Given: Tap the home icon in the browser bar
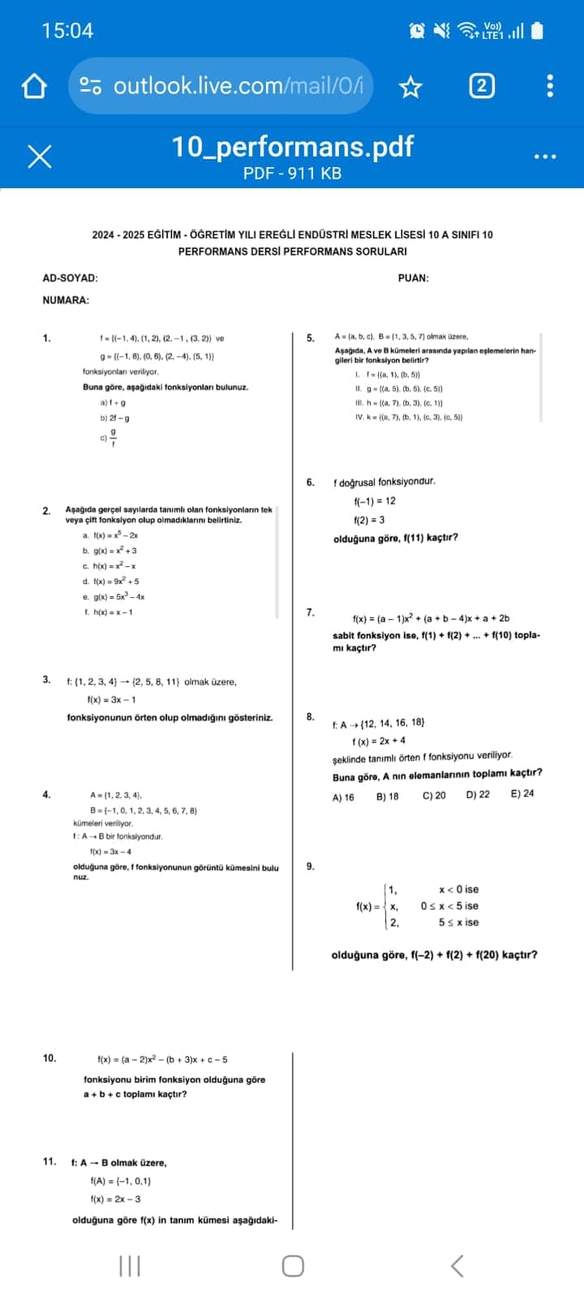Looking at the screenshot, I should (x=34, y=86).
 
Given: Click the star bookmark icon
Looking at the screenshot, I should (x=411, y=87).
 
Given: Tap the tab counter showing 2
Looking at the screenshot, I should (x=481, y=86).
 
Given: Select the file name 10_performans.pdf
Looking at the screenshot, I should (x=292, y=147).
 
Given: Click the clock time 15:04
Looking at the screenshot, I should (x=67, y=31).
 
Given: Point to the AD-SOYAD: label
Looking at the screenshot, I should (x=70, y=278).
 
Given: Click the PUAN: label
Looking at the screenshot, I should (x=414, y=278).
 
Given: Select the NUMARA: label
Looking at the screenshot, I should (x=66, y=300).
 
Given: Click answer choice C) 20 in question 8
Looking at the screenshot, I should (x=434, y=796).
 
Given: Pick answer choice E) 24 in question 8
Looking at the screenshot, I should (x=522, y=794).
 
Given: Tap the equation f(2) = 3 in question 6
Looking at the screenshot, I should (x=369, y=520).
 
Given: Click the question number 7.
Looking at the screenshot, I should (x=311, y=612).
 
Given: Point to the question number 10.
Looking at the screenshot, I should (x=49, y=1058).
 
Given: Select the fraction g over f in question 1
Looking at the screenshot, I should (x=113, y=437).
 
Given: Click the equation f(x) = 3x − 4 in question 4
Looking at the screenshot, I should (x=110, y=852).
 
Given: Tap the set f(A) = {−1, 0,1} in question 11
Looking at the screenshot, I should (x=121, y=1181).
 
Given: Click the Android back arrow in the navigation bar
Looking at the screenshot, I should (x=457, y=1265).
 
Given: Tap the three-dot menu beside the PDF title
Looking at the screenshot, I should (x=545, y=156).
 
